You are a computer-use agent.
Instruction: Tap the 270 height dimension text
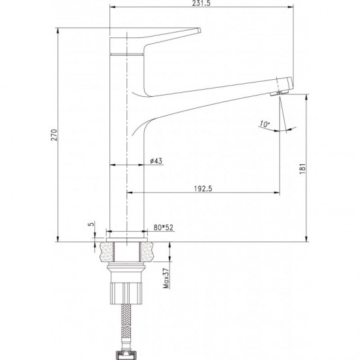(x=54, y=135)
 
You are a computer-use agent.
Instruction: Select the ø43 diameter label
(x=156, y=161)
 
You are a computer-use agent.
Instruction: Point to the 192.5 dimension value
(x=204, y=189)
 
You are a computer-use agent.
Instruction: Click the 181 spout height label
(x=303, y=169)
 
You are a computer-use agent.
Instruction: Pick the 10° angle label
(x=264, y=124)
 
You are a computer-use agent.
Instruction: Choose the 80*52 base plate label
(x=163, y=228)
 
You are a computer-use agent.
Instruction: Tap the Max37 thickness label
(x=166, y=278)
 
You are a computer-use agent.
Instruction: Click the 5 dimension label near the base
(x=92, y=224)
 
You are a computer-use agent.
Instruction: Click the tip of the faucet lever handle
(x=199, y=31)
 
